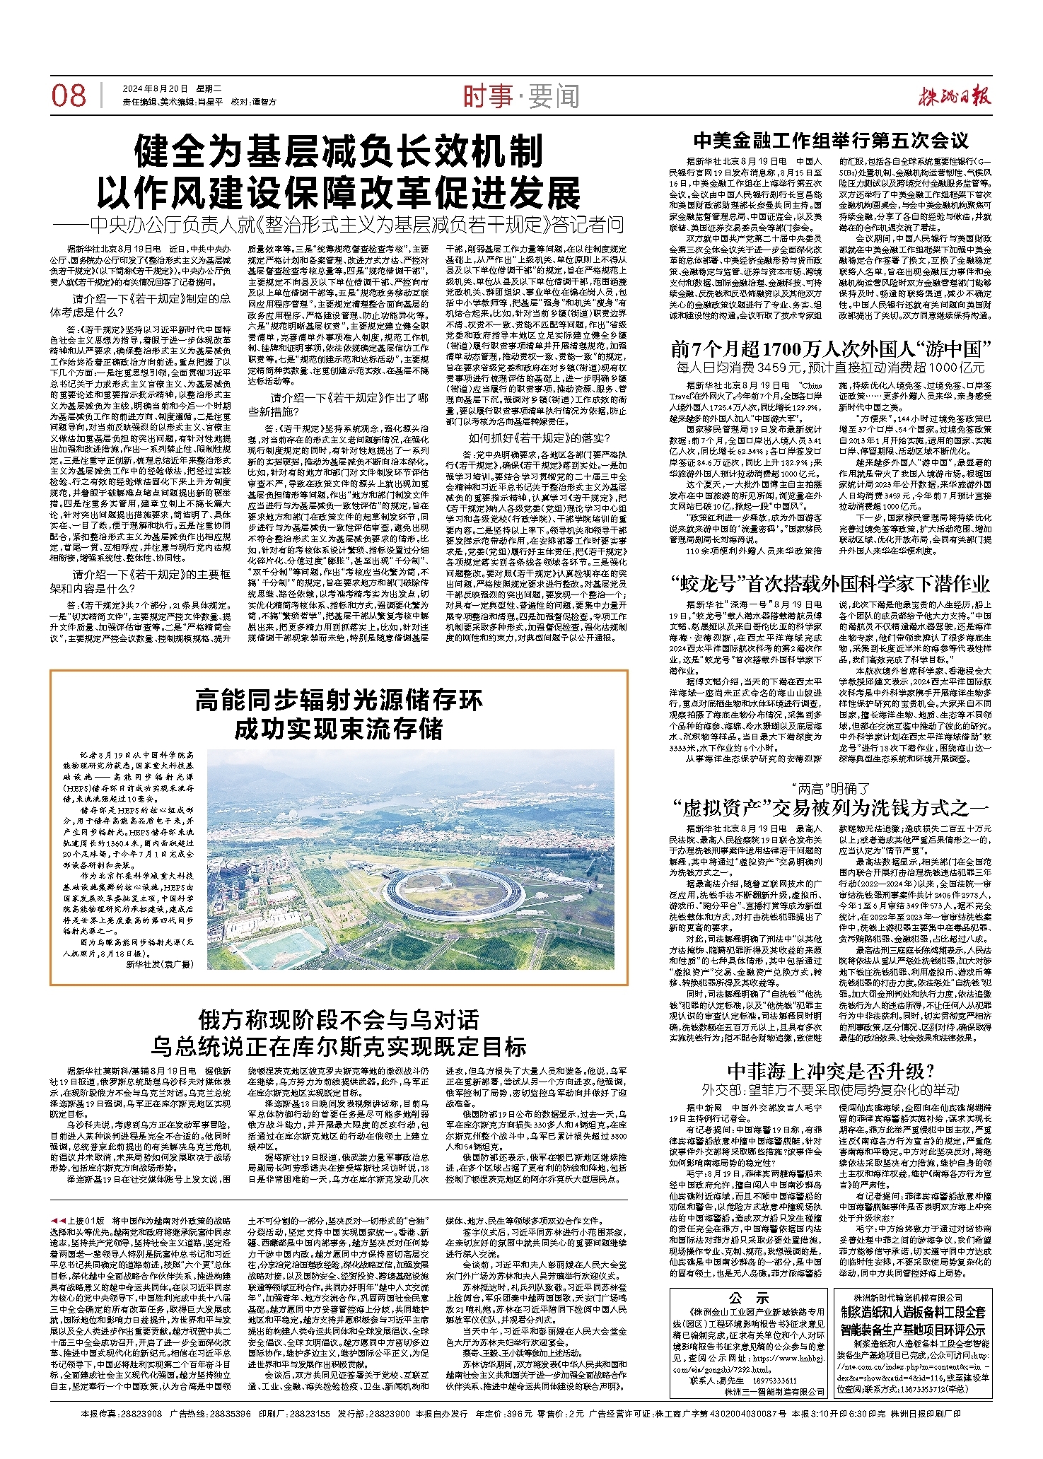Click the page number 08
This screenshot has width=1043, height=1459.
coord(69,95)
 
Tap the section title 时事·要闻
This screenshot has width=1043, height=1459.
coord(521,96)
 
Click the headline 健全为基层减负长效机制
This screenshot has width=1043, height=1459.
coord(339,152)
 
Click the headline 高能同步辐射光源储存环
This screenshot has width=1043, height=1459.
coord(339,701)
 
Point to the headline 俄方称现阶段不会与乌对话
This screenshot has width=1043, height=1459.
coord(339,1020)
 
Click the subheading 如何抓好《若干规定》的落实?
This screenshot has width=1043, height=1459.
coord(539,438)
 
